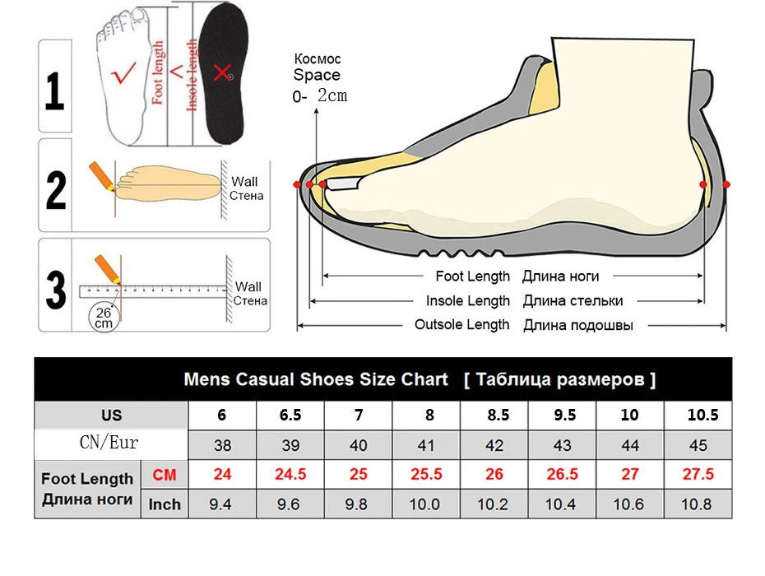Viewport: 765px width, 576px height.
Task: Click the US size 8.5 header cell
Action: click(498, 416)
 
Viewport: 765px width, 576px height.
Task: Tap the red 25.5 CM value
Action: click(425, 475)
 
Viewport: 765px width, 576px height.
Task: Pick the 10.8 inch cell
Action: click(698, 504)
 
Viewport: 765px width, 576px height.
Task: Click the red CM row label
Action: click(165, 475)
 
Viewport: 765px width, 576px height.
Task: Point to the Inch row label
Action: click(165, 504)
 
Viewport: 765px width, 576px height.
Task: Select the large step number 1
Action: click(55, 92)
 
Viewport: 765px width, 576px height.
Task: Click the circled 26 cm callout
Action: click(103, 318)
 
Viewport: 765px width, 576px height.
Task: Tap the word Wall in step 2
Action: click(244, 182)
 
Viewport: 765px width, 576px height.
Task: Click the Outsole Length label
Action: click(461, 324)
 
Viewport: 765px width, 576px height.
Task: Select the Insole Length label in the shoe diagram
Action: click(467, 301)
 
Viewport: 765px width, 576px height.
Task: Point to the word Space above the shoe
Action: click(317, 75)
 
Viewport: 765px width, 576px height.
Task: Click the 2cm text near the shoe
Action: click(332, 96)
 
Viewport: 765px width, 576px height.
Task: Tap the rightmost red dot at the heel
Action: click(726, 184)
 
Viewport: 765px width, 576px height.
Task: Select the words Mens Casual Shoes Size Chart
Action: click(316, 379)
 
